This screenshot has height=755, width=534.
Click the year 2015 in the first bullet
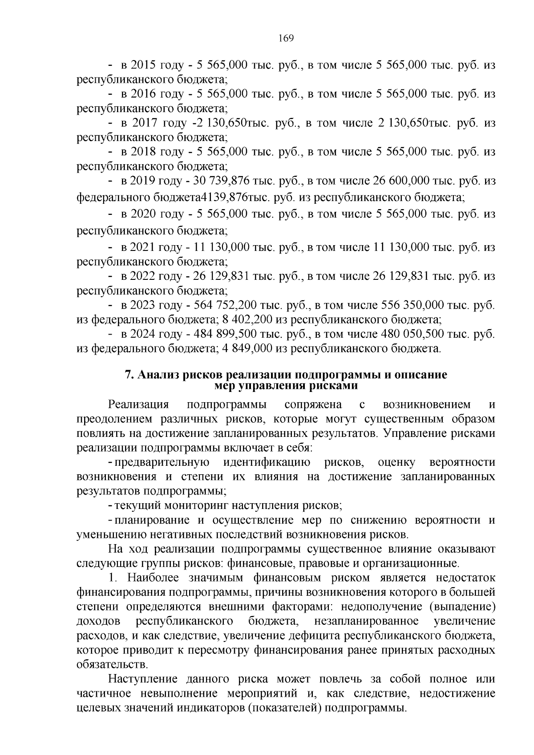coord(142,65)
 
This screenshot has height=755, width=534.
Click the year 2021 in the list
coord(142,247)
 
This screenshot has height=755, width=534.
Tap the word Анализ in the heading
coord(158,375)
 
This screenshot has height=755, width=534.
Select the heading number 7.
coord(129,375)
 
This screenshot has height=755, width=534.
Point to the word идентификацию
coord(267,463)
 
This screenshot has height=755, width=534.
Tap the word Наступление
coord(143,679)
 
